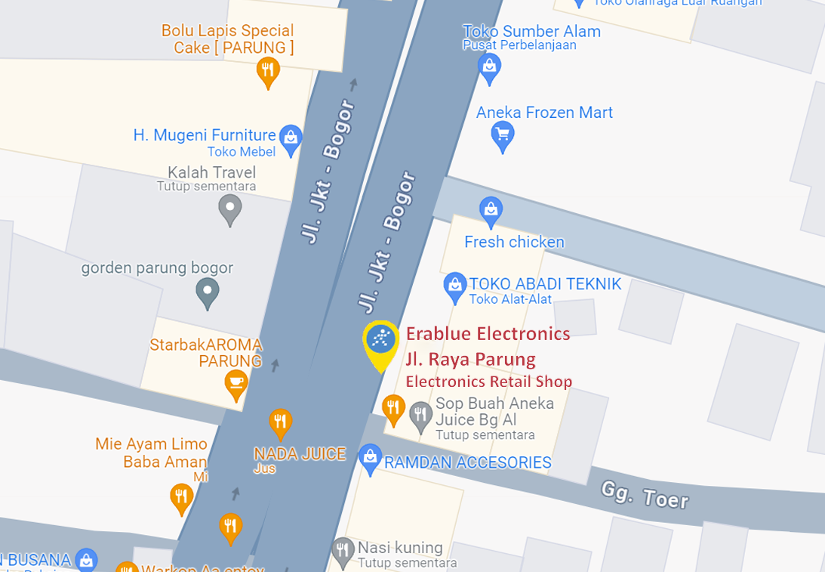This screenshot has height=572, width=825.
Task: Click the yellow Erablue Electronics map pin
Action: pos(382,342)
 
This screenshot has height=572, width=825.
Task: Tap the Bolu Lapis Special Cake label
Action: pos(228,39)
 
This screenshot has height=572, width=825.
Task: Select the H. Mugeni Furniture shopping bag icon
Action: pos(291,137)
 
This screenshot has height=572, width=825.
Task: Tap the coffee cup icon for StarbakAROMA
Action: pos(236,382)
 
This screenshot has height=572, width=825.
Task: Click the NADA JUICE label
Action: pos(300,454)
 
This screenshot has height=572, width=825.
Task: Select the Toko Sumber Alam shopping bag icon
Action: pos(490,66)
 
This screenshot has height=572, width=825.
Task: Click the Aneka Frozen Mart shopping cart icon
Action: pos(502,136)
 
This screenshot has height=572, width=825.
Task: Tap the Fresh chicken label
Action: pos(514,242)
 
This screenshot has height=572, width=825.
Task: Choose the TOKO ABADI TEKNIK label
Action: pos(545,284)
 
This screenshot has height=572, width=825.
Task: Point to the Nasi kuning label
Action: pos(400,547)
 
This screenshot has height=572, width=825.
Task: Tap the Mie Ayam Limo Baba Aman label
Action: pos(151,453)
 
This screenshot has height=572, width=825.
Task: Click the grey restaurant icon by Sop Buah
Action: pos(420,413)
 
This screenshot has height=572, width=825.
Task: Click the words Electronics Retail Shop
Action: pos(488,382)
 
